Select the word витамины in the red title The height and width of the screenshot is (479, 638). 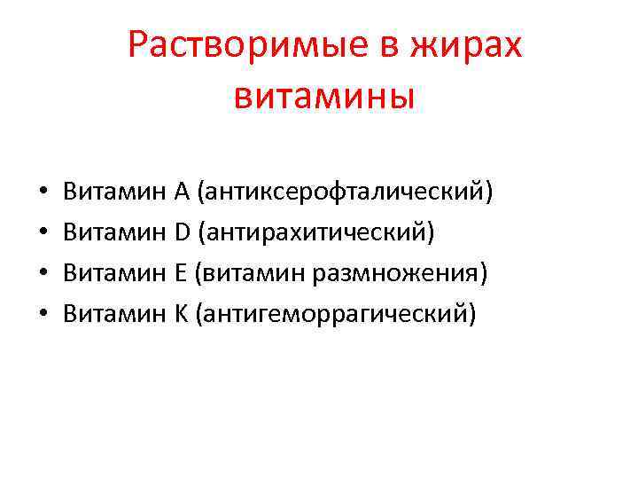click(324, 94)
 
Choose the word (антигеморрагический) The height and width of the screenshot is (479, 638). click(337, 312)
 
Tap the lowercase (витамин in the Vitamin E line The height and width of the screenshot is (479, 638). click(252, 271)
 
